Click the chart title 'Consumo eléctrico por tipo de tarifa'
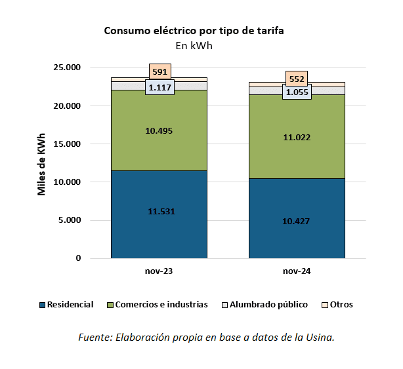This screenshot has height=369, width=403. pyautogui.click(x=194, y=31)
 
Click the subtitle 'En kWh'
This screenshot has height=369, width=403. pyautogui.click(x=194, y=46)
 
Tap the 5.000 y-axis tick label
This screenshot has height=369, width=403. pyautogui.click(x=70, y=220)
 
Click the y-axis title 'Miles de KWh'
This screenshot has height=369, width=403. pyautogui.click(x=41, y=163)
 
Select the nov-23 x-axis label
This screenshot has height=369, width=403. pyautogui.click(x=159, y=270)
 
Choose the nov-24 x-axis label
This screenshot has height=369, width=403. pyautogui.click(x=297, y=270)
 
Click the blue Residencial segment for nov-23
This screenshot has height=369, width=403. pyautogui.click(x=159, y=229)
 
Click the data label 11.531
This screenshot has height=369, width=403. pyautogui.click(x=159, y=211)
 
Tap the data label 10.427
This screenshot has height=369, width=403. pyautogui.click(x=297, y=221)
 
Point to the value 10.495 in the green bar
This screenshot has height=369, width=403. pyautogui.click(x=159, y=130)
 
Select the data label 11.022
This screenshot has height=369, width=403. pyautogui.click(x=297, y=138)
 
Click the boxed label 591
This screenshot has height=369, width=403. pyautogui.click(x=159, y=71)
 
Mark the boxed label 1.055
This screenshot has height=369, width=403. pyautogui.click(x=297, y=92)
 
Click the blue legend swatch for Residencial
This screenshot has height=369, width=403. pyautogui.click(x=43, y=305)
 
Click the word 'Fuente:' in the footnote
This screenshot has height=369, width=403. pyautogui.click(x=95, y=338)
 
